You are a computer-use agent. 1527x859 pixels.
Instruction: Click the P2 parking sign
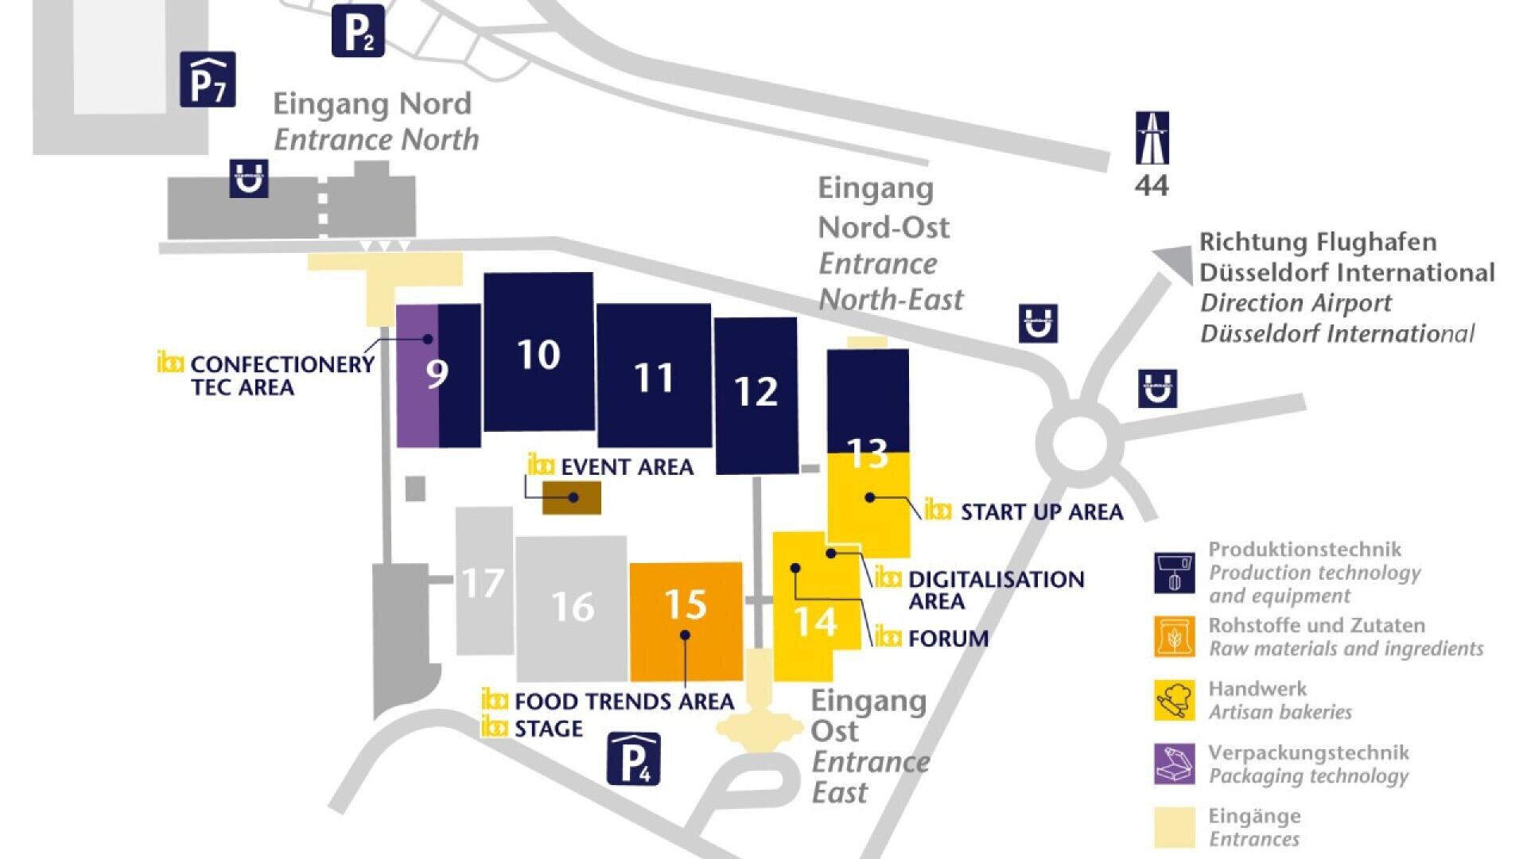tap(358, 32)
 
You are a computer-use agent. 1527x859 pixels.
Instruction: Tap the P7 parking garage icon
tap(208, 80)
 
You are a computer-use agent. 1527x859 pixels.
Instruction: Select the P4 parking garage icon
tap(634, 759)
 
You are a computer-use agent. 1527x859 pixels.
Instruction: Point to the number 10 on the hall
tap(538, 355)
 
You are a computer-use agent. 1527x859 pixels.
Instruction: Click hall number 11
tap(654, 378)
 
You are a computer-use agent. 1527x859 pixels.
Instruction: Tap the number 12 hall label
tap(756, 391)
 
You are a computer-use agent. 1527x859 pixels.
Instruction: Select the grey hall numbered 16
tap(572, 608)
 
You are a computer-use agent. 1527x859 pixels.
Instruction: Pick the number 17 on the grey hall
tap(483, 584)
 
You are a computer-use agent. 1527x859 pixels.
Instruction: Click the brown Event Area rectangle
tap(571, 499)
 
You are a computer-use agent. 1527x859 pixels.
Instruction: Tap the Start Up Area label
tap(1041, 512)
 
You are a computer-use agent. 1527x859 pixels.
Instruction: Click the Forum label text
tap(948, 639)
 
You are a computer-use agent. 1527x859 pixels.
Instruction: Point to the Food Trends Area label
tap(624, 702)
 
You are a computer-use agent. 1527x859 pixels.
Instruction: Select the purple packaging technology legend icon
tap(1175, 764)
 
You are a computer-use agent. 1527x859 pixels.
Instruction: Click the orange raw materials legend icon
tap(1175, 636)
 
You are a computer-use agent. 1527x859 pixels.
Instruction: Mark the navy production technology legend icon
tap(1175, 573)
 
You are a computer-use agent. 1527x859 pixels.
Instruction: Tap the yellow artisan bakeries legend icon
tap(1175, 700)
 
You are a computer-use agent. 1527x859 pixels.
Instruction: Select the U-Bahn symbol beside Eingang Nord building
tap(249, 178)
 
